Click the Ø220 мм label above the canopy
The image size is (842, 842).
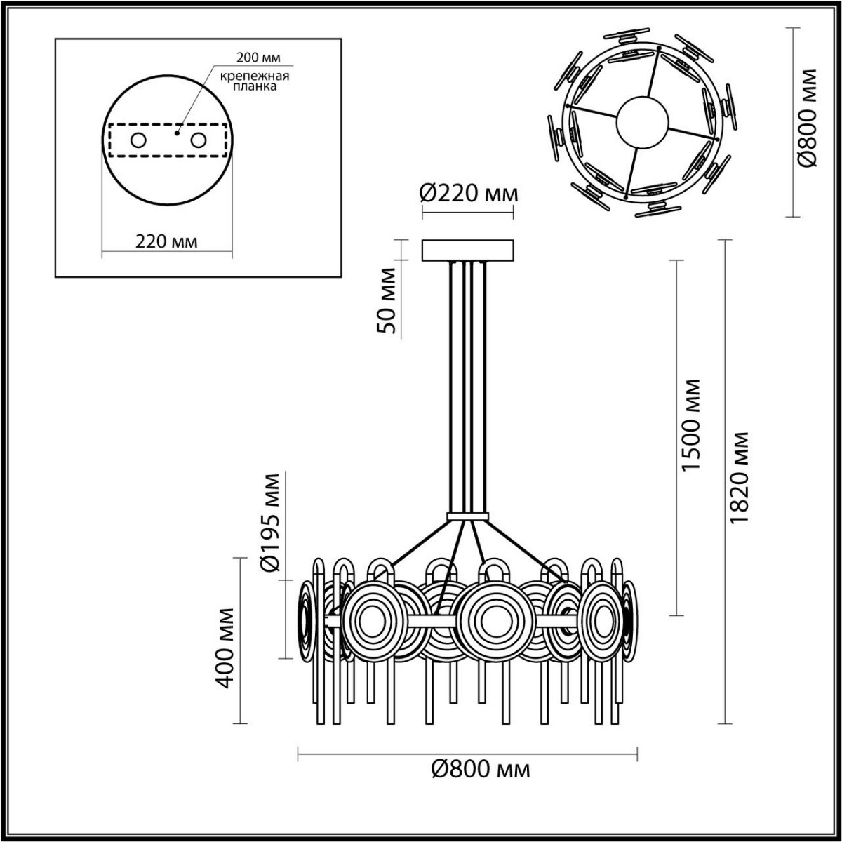point(468,192)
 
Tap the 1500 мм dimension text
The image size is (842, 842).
point(692,425)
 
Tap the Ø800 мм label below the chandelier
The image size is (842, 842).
point(479,770)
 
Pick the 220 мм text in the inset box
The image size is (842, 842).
point(166,241)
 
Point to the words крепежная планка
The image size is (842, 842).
point(250,81)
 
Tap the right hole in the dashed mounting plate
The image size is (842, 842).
point(199,140)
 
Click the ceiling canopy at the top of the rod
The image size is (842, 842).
point(467,250)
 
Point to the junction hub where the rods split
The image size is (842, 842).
point(467,518)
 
